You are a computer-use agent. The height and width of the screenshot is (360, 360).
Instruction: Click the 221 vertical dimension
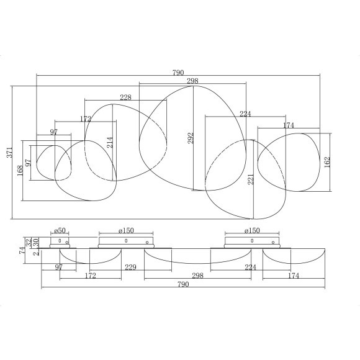click(250, 180)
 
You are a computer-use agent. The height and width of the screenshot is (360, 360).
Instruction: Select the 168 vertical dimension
click(20, 168)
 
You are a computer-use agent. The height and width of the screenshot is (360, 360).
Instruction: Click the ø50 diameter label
click(60, 230)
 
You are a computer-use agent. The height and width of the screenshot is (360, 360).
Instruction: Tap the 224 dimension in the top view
click(245, 114)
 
